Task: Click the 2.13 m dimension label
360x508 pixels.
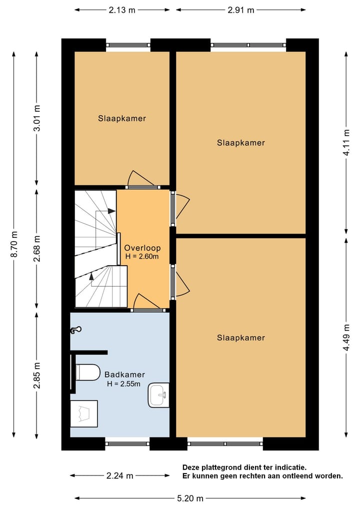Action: pyautogui.click(x=122, y=10)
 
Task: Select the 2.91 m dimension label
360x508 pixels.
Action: pyautogui.click(x=240, y=10)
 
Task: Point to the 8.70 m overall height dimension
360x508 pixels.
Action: pyautogui.click(x=14, y=244)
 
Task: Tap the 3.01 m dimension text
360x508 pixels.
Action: pyautogui.click(x=37, y=118)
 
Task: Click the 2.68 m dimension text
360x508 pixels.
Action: pyautogui.click(x=37, y=248)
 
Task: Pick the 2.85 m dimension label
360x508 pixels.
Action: pyautogui.click(x=37, y=376)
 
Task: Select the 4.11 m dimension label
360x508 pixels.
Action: pyautogui.click(x=346, y=142)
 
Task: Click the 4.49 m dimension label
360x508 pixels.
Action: pyautogui.click(x=346, y=337)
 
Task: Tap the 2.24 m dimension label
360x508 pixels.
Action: pyautogui.click(x=119, y=476)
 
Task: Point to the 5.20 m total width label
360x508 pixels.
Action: pyautogui.click(x=190, y=498)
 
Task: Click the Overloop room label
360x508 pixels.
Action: pyautogui.click(x=142, y=248)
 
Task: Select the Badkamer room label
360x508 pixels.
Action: pyautogui.click(x=124, y=375)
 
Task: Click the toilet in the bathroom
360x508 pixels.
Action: pyautogui.click(x=87, y=372)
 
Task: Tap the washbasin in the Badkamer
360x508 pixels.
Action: pyautogui.click(x=158, y=395)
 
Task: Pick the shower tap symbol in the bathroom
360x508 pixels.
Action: pyautogui.click(x=76, y=330)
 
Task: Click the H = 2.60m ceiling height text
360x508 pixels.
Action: pyautogui.click(x=142, y=257)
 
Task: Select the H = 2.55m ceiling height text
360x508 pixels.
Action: pyautogui.click(x=124, y=384)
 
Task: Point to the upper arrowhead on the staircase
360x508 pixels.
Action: pyautogui.click(x=112, y=211)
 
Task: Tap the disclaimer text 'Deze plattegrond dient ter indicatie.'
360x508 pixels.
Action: pyautogui.click(x=244, y=467)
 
